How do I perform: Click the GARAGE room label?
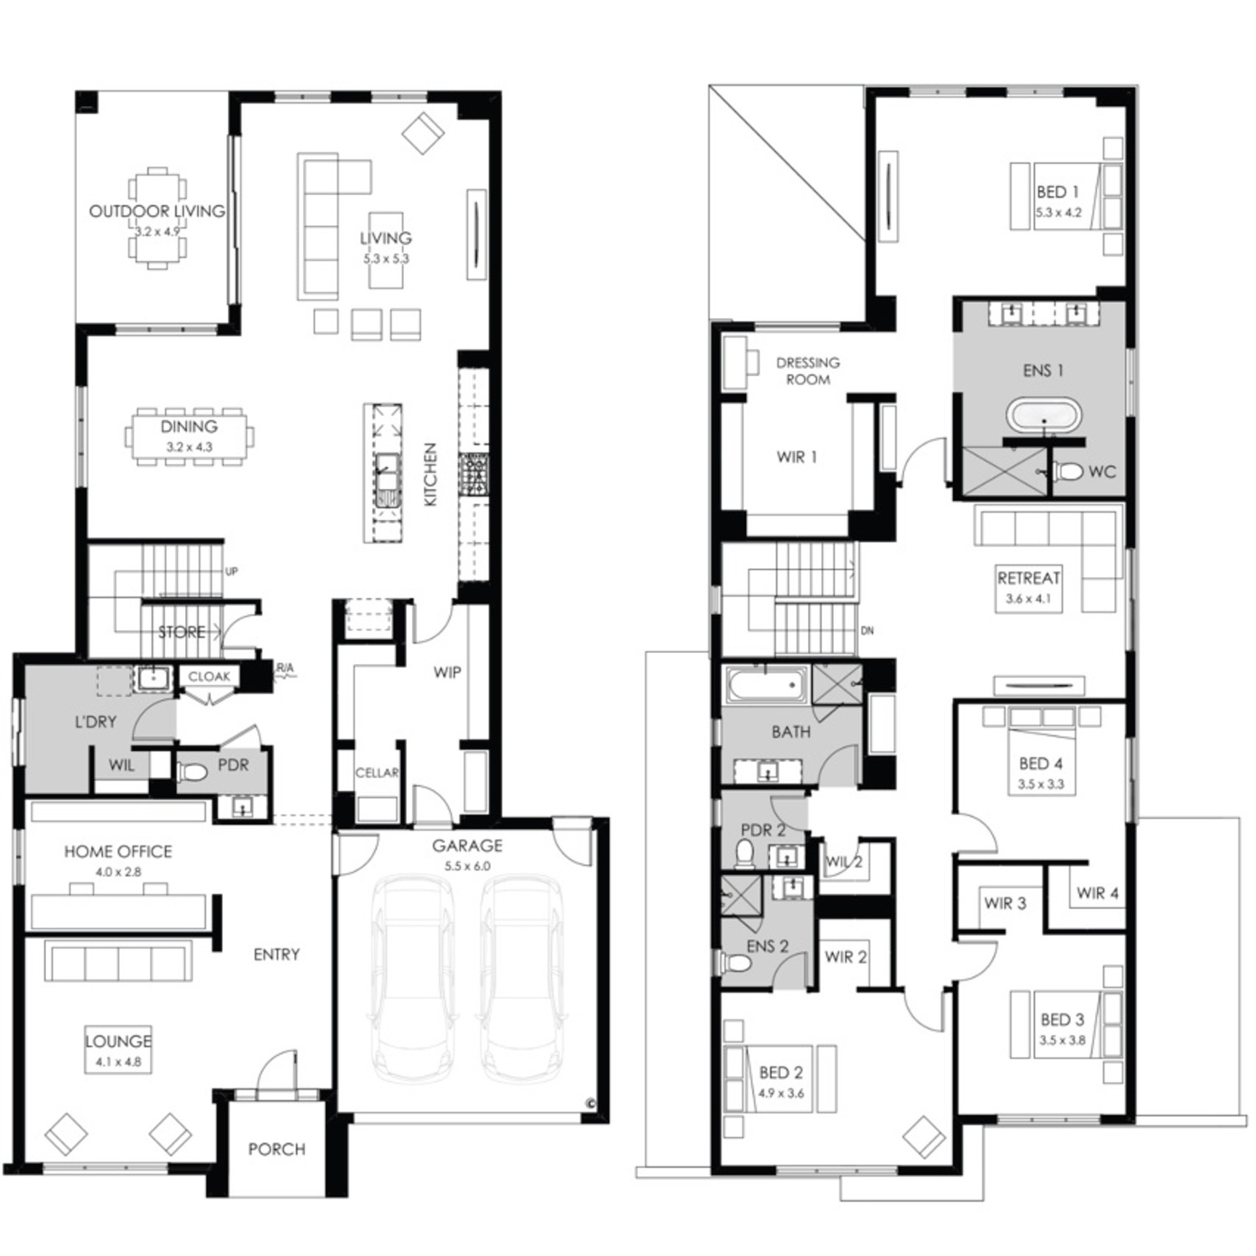tap(467, 846)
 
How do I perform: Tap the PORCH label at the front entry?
tap(276, 1150)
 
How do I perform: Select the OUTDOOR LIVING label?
tap(157, 211)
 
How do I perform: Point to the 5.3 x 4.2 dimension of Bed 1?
tap(1058, 213)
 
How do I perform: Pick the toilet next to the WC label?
tap(1067, 471)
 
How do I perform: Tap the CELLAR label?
tap(377, 773)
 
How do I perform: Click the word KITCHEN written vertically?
tap(430, 474)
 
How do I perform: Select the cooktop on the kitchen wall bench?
tap(473, 476)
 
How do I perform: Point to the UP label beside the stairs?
tap(231, 571)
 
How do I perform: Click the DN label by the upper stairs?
tap(867, 631)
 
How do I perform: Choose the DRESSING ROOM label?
tap(808, 371)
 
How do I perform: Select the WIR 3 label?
tap(1005, 903)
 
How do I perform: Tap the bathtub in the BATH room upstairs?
tap(767, 686)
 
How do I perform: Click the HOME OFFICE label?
tap(118, 852)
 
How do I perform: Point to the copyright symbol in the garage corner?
tap(590, 1104)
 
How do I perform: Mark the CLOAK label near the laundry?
tap(208, 677)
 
